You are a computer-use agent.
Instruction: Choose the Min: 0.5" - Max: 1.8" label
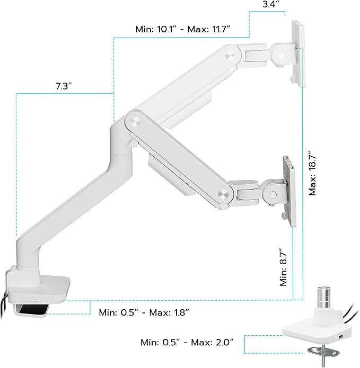(x=144, y=312)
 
